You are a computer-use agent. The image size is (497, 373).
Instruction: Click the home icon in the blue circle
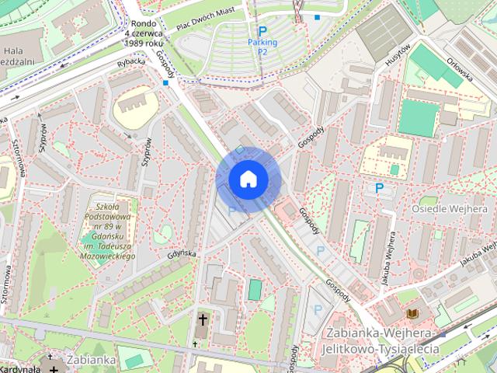[248, 179]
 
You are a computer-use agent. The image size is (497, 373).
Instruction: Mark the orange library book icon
[412, 313]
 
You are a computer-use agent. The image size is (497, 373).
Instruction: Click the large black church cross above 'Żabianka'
[203, 319]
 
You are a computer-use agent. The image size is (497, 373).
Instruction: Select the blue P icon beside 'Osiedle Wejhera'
[379, 187]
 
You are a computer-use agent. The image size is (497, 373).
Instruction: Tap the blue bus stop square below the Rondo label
[165, 82]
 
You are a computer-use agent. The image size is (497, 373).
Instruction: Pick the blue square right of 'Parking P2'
[318, 17]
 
